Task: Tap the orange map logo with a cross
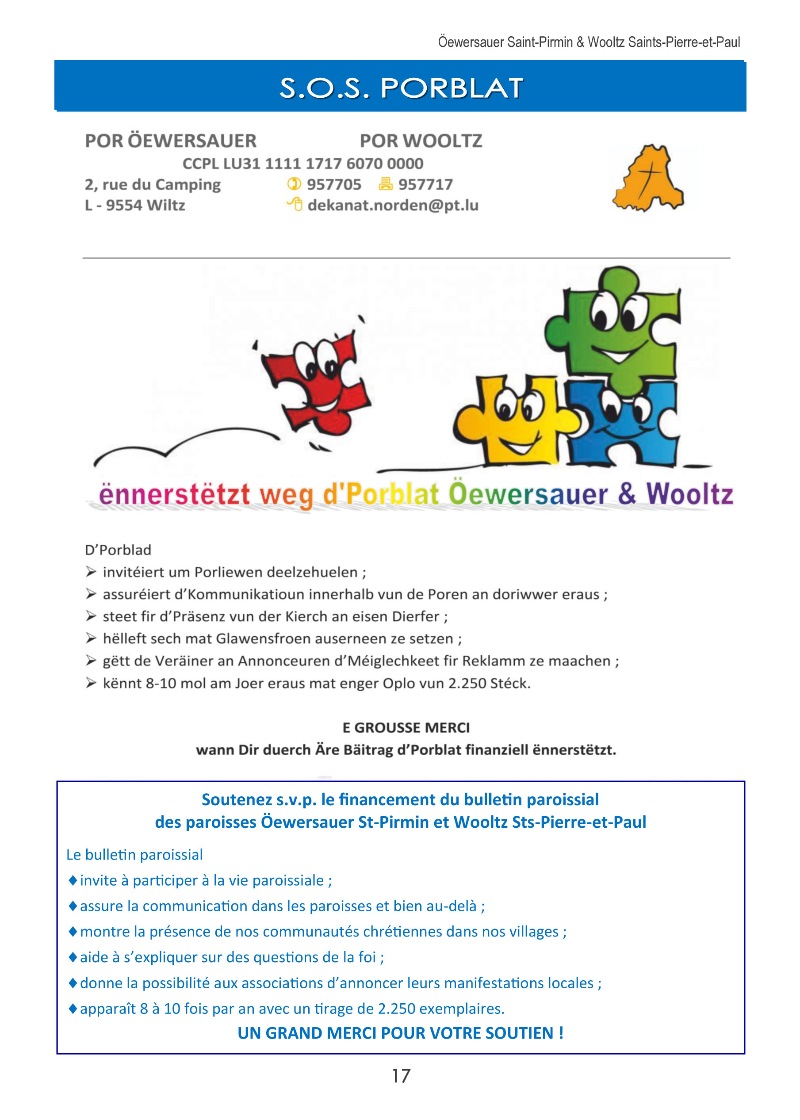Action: [648, 178]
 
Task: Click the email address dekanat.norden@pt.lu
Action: [393, 205]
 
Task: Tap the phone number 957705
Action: [333, 184]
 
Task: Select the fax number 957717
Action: [425, 184]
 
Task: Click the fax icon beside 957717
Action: [385, 183]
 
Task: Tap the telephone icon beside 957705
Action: [294, 183]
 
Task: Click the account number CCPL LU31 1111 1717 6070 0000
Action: [303, 163]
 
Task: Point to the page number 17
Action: [401, 1076]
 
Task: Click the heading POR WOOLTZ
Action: [421, 141]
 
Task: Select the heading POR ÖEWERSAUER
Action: [170, 141]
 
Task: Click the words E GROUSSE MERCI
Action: [406, 727]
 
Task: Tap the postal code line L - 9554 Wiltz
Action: [135, 205]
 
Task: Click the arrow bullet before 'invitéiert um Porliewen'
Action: [91, 571]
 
